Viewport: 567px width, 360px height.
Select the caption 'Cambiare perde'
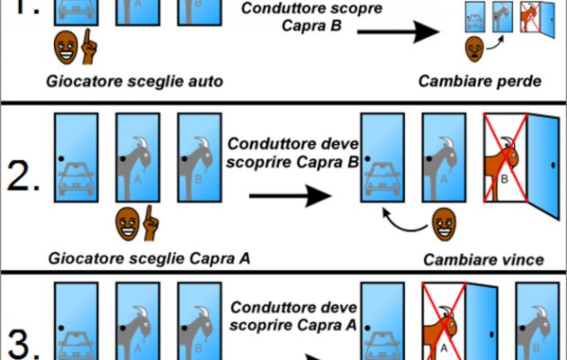tap(479, 82)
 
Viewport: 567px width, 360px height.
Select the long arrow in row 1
tap(394, 34)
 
